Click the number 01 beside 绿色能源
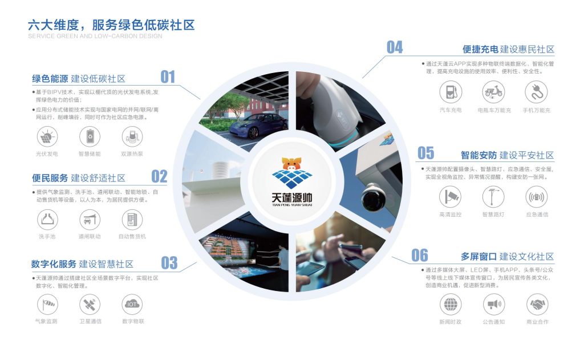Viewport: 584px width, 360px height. point(168,77)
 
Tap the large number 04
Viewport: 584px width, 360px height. point(395,47)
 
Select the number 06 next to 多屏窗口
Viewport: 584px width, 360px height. point(419,255)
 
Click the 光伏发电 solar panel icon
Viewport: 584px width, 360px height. point(47,136)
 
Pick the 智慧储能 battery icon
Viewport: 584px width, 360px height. point(90,136)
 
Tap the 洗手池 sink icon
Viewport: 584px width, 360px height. point(47,220)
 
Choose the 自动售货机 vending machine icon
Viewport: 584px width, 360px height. point(132,220)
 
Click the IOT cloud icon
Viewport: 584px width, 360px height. point(132,305)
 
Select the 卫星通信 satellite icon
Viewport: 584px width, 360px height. point(90,305)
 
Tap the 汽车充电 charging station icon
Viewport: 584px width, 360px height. point(451,92)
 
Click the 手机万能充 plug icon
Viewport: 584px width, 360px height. point(536,92)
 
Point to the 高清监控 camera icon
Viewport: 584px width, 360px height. point(451,197)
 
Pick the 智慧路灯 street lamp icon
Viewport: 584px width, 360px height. point(493,197)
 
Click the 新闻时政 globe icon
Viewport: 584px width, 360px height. point(451,304)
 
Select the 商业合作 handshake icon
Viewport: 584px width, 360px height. point(537,304)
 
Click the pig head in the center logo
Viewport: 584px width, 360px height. point(291,164)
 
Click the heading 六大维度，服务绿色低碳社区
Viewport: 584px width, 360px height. point(111,25)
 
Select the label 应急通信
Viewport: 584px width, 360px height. point(537,215)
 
